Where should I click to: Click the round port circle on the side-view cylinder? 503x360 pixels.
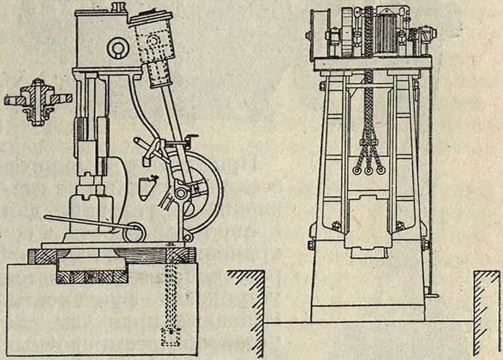tap(116, 46)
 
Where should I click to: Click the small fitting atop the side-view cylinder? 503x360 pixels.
tap(116, 8)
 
